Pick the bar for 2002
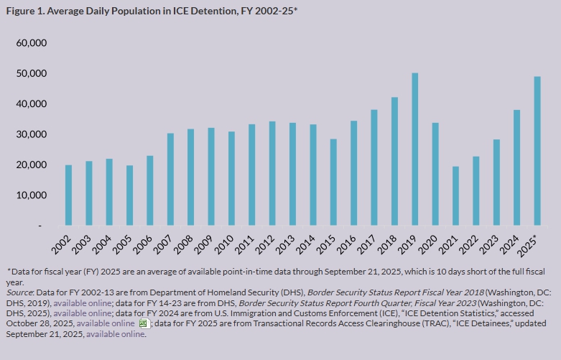tap(68, 195)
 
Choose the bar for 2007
tap(170, 180)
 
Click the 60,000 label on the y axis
tap(31, 43)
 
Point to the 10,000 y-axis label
tap(31, 195)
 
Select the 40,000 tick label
tap(31, 104)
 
